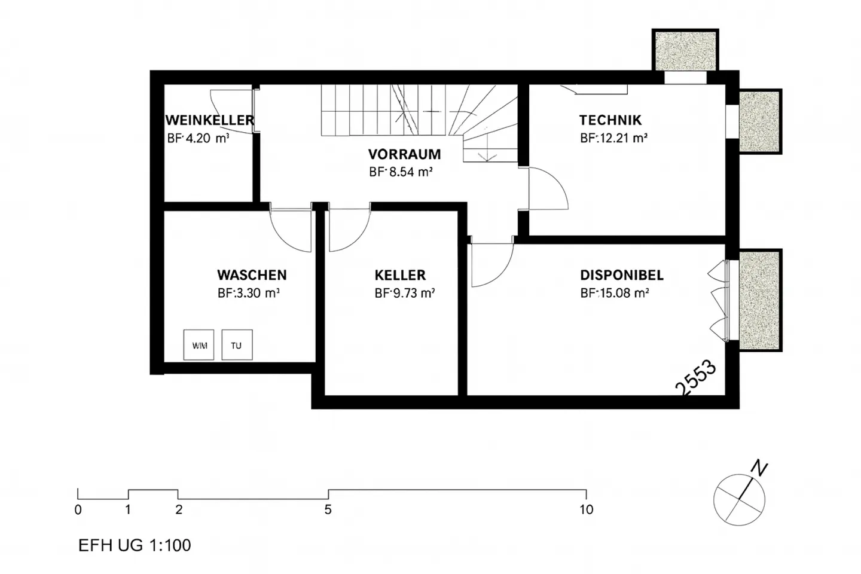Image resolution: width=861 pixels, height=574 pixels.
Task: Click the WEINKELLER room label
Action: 210,120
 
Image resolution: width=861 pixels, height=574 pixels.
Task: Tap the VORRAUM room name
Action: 404,154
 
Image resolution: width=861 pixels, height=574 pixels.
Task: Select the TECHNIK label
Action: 610,120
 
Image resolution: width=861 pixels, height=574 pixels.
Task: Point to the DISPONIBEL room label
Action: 621,276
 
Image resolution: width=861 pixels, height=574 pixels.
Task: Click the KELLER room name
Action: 400,276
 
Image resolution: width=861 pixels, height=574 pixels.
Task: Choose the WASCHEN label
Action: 252,276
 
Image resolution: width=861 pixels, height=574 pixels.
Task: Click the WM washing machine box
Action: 199,345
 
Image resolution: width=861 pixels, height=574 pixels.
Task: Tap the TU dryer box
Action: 237,345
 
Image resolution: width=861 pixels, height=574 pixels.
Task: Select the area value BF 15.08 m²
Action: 615,294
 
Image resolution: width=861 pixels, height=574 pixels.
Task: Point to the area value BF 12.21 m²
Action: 613,138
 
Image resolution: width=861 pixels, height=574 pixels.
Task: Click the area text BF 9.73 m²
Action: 404,294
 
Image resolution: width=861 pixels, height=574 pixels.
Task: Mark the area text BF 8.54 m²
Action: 401,172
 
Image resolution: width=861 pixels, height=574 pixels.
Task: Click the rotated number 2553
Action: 696,377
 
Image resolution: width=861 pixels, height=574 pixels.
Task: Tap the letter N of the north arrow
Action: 759,468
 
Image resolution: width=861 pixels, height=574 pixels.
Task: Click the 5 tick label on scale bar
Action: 328,510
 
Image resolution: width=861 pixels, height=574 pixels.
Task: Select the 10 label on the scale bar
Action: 586,510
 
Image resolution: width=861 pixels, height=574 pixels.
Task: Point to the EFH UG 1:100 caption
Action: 135,545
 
